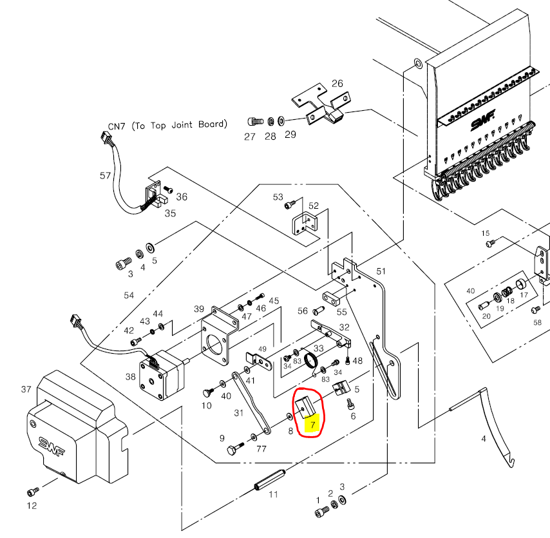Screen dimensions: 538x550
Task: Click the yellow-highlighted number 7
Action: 313,426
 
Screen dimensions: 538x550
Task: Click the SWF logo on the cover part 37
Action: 51,445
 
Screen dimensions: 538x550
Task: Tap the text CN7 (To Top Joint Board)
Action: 167,125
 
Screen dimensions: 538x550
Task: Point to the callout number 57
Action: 106,175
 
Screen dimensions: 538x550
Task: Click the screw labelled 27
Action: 254,121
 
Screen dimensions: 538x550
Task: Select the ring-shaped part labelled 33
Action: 314,363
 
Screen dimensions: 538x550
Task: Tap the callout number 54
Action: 129,294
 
